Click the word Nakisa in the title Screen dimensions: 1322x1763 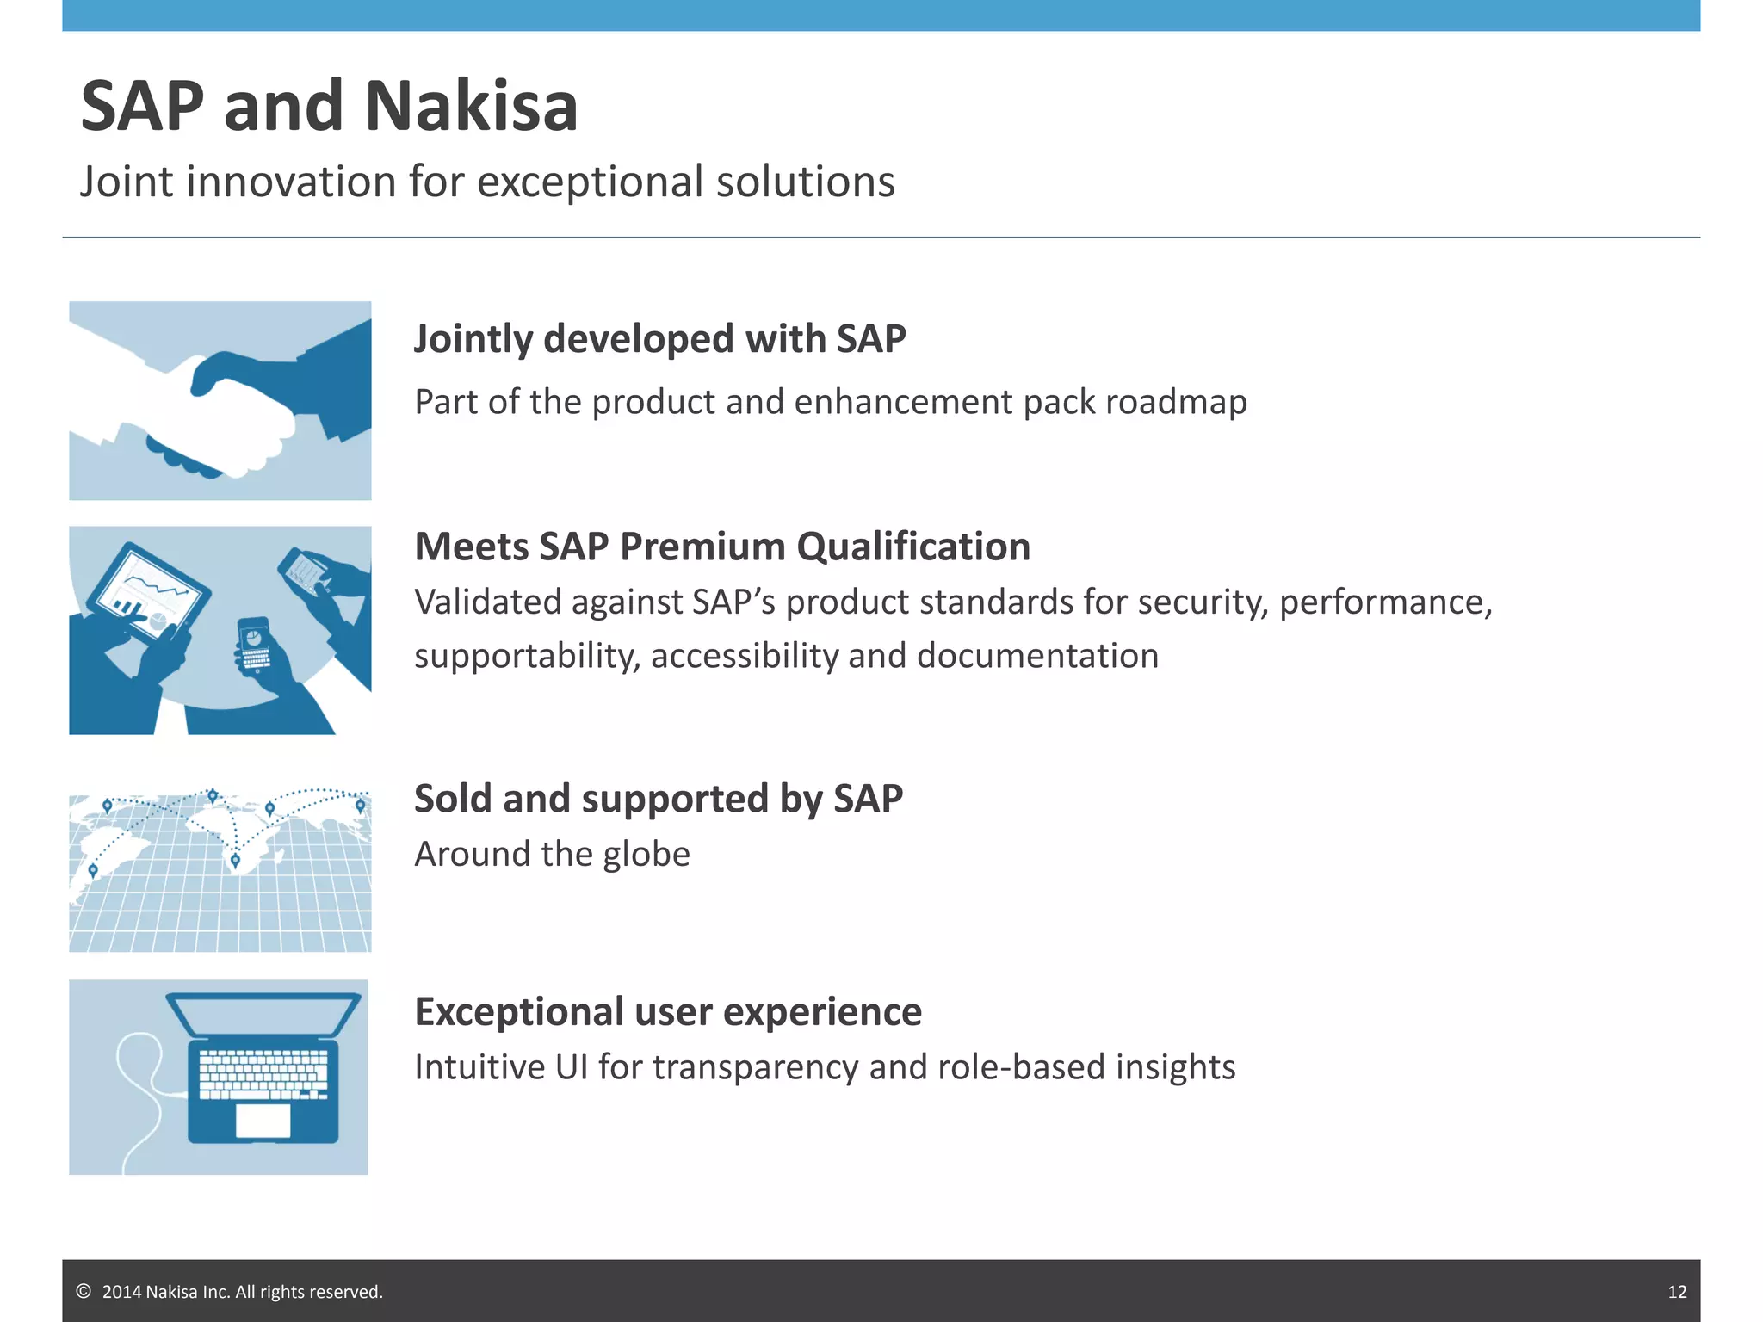[x=471, y=106]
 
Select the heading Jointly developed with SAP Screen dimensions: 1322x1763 [x=659, y=339]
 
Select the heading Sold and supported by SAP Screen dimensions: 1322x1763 [x=658, y=799]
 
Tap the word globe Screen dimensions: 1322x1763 [x=646, y=855]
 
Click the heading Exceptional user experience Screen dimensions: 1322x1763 [x=668, y=1011]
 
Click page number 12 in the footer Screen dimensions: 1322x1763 [x=1677, y=1292]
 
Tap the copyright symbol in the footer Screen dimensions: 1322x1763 [x=84, y=1291]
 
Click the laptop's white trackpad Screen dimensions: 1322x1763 [x=263, y=1121]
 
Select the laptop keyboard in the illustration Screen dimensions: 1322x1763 [x=263, y=1073]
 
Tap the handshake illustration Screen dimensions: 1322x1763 [x=220, y=401]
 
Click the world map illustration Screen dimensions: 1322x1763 [x=220, y=869]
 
